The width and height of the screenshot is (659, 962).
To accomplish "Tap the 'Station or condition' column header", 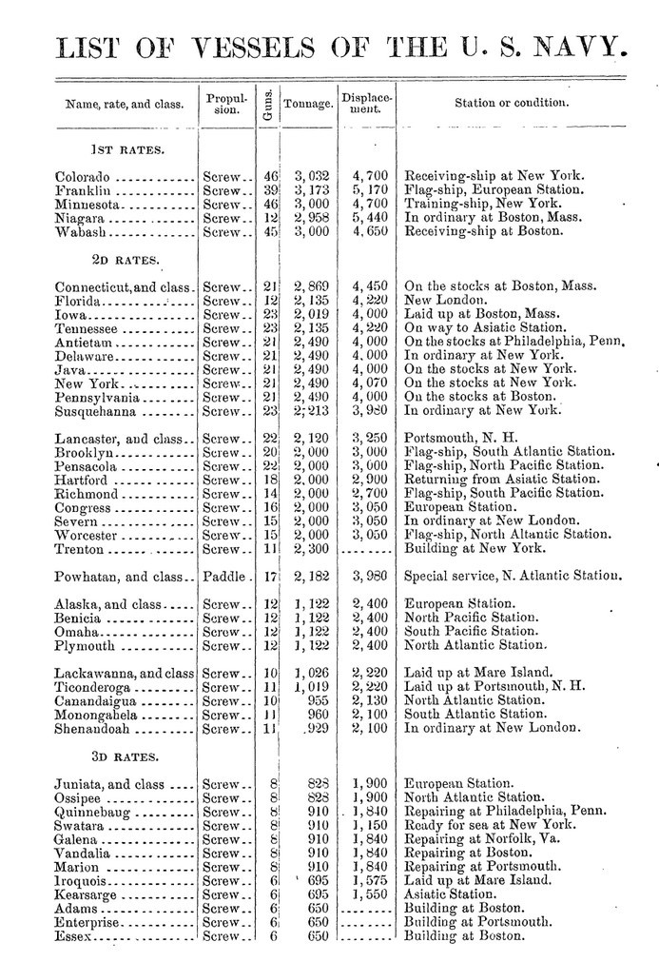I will pyautogui.click(x=512, y=102).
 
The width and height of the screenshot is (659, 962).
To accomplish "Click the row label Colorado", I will pyautogui.click(x=84, y=176).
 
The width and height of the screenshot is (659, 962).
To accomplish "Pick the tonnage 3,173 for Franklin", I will pyautogui.click(x=311, y=189).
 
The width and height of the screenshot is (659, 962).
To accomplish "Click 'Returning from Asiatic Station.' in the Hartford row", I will pyautogui.click(x=503, y=481).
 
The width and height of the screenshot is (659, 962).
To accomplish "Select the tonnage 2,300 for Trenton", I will pyautogui.click(x=311, y=549).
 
